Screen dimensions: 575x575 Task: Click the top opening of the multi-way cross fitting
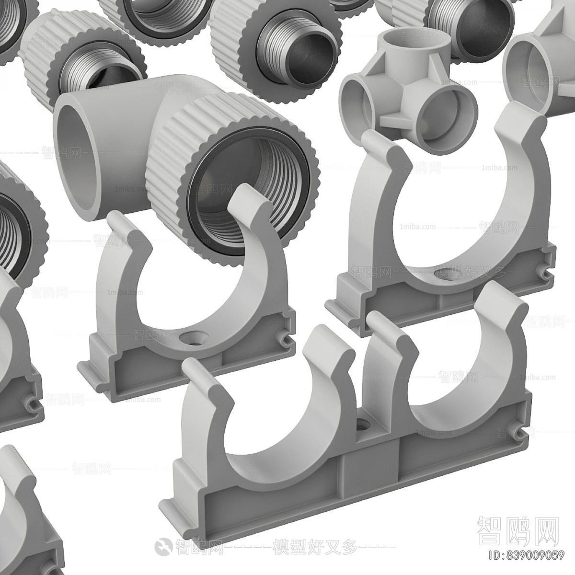(398, 46)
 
